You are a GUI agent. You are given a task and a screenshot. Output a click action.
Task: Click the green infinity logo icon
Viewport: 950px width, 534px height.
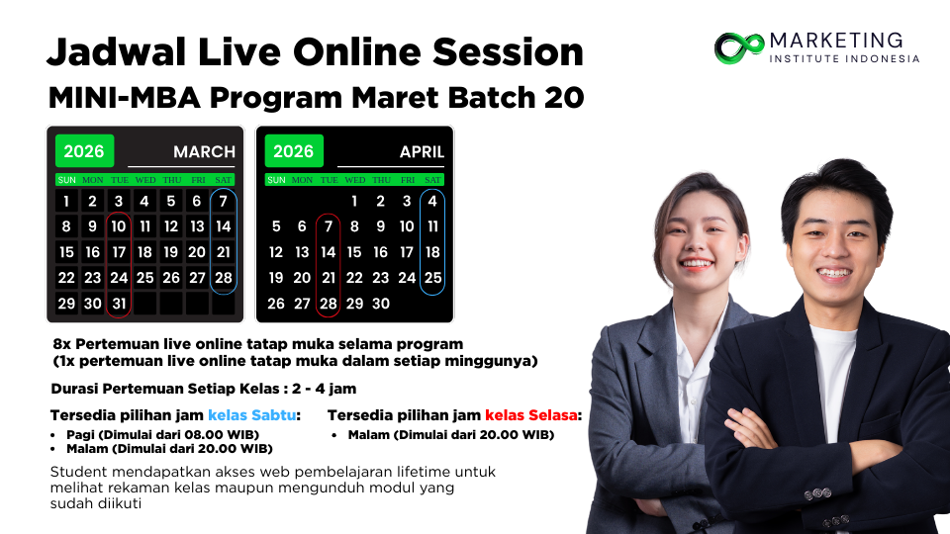(739, 47)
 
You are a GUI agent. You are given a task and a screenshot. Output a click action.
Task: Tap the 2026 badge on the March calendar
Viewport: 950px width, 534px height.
(84, 150)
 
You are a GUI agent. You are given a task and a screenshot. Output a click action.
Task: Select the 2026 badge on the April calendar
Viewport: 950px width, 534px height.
(294, 150)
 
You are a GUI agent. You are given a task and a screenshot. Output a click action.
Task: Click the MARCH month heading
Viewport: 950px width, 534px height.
(204, 151)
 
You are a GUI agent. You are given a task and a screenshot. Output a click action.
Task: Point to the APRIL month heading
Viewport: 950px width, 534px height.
(422, 151)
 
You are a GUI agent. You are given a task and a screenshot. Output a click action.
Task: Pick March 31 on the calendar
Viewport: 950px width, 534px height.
(119, 304)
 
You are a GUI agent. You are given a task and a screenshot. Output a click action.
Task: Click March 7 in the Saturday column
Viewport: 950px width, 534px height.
(223, 201)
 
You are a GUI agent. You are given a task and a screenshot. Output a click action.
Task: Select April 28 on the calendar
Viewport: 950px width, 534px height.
(328, 304)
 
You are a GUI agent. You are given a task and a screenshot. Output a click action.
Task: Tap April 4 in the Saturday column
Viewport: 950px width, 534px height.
(432, 201)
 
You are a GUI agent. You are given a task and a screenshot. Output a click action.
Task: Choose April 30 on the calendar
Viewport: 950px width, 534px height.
(380, 304)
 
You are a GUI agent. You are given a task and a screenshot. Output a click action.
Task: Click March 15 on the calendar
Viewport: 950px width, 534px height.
(66, 252)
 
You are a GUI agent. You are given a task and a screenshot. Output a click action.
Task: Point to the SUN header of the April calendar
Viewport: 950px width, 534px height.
(276, 180)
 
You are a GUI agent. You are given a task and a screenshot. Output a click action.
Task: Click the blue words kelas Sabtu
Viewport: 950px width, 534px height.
(252, 415)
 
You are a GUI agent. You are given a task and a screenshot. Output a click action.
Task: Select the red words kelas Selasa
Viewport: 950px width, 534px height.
(530, 415)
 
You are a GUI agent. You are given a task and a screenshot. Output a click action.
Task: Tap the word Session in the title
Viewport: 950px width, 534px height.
(508, 51)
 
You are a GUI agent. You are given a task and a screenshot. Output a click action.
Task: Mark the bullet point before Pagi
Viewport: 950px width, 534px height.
(53, 435)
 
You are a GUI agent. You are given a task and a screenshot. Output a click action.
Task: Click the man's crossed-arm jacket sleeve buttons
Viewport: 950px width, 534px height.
(817, 494)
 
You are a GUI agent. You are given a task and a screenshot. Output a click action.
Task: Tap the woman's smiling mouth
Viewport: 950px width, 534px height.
(696, 263)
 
